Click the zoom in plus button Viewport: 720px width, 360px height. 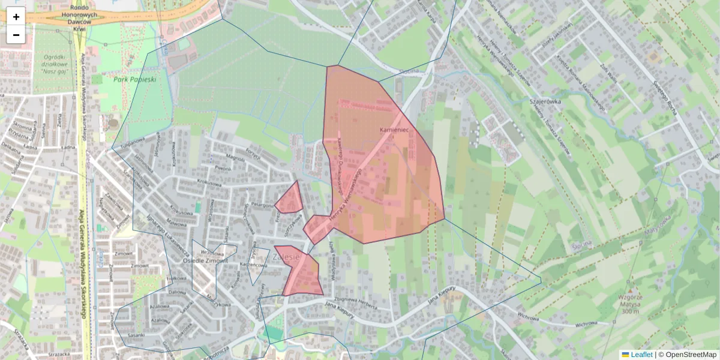[x=16, y=16]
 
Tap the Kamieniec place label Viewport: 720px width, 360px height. [x=394, y=130]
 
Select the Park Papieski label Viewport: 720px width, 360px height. [x=135, y=79]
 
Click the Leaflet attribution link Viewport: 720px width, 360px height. [x=641, y=355]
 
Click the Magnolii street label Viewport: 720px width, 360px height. [x=235, y=158]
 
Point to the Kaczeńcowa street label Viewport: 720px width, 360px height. [x=253, y=265]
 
